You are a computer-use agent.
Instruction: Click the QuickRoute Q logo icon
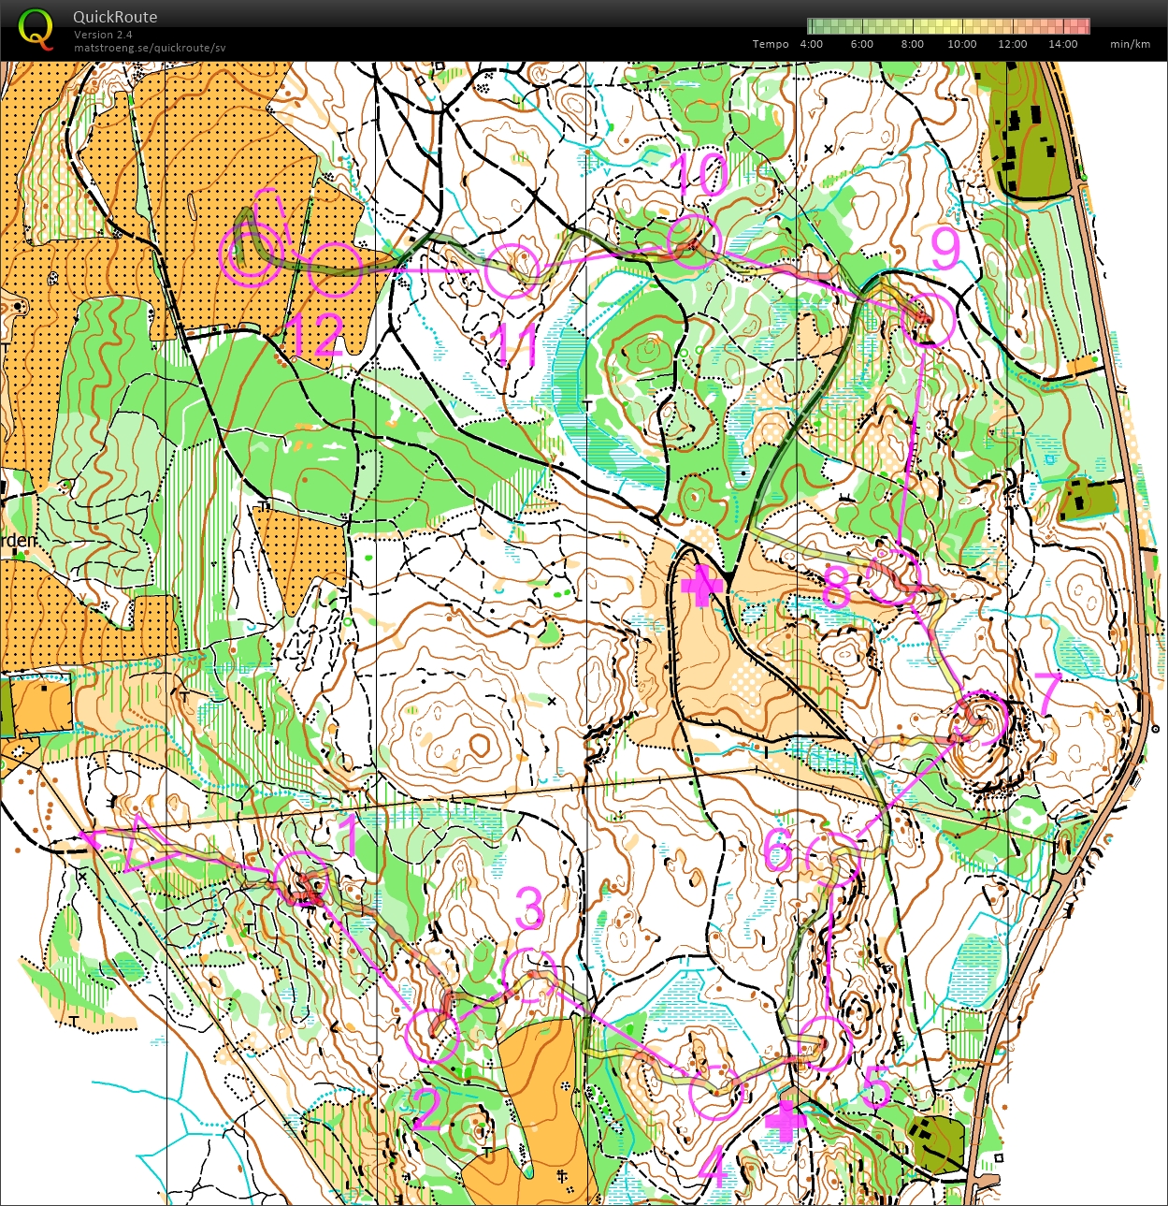(36, 28)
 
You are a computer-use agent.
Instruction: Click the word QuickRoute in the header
(115, 17)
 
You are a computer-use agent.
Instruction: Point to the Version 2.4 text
(103, 35)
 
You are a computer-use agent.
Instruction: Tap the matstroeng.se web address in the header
(150, 48)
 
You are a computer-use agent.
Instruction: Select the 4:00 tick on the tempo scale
(811, 44)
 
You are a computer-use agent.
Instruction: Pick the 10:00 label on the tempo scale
(961, 44)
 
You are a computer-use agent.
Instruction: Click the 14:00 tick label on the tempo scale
(1062, 44)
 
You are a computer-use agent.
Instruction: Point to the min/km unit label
(1130, 44)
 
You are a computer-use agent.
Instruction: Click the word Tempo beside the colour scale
(771, 44)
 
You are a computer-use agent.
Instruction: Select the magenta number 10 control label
(699, 174)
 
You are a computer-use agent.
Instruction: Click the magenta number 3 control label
(529, 908)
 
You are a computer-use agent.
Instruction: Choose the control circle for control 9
(928, 319)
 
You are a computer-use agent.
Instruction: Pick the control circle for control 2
(433, 1036)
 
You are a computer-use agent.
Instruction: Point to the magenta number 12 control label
(313, 336)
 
